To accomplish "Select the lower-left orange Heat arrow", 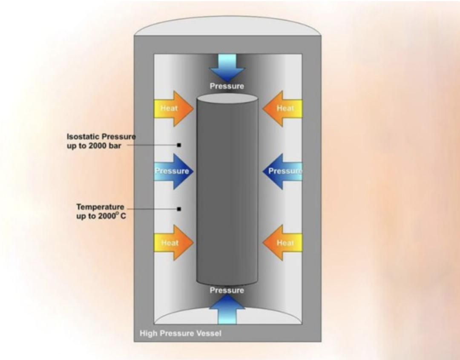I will (x=172, y=243).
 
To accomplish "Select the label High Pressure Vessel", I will (x=181, y=333).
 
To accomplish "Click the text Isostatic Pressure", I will (x=101, y=137).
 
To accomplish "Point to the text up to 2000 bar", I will (x=95, y=146).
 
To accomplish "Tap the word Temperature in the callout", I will (x=100, y=207).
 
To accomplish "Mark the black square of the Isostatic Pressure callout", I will (x=179, y=145).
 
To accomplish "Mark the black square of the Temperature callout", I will (x=179, y=209).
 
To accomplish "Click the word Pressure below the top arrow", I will (x=227, y=86).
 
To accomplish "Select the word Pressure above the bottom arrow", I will (x=227, y=291).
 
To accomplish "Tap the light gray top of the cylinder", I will (x=227, y=99).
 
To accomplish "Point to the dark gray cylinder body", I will (x=227, y=191).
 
